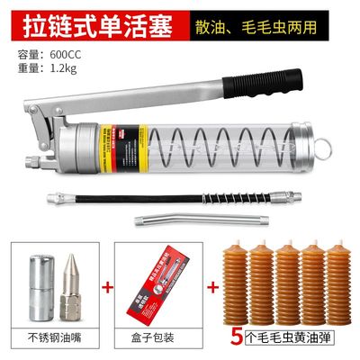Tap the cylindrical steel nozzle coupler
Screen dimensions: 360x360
[x=38, y=287]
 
